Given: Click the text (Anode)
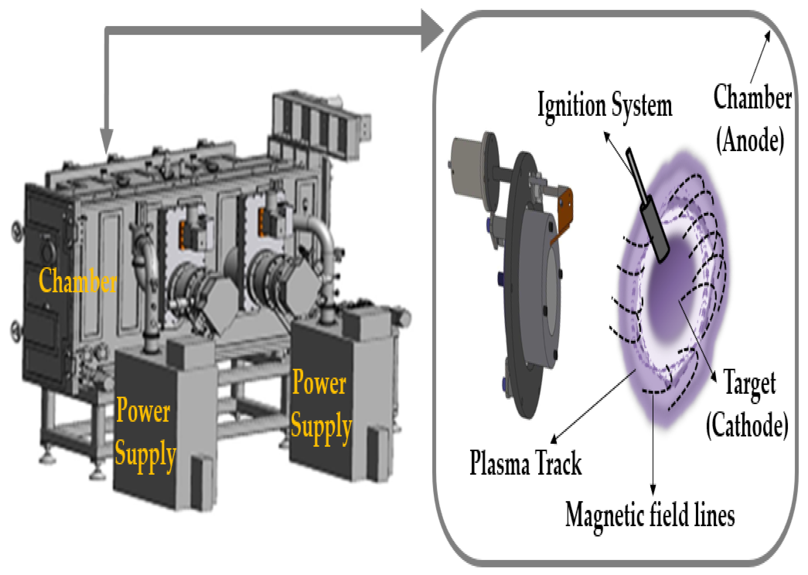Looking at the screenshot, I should point(750,140).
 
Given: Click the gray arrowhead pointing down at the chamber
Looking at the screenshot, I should point(106,142).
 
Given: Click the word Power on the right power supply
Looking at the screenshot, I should point(319,383).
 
